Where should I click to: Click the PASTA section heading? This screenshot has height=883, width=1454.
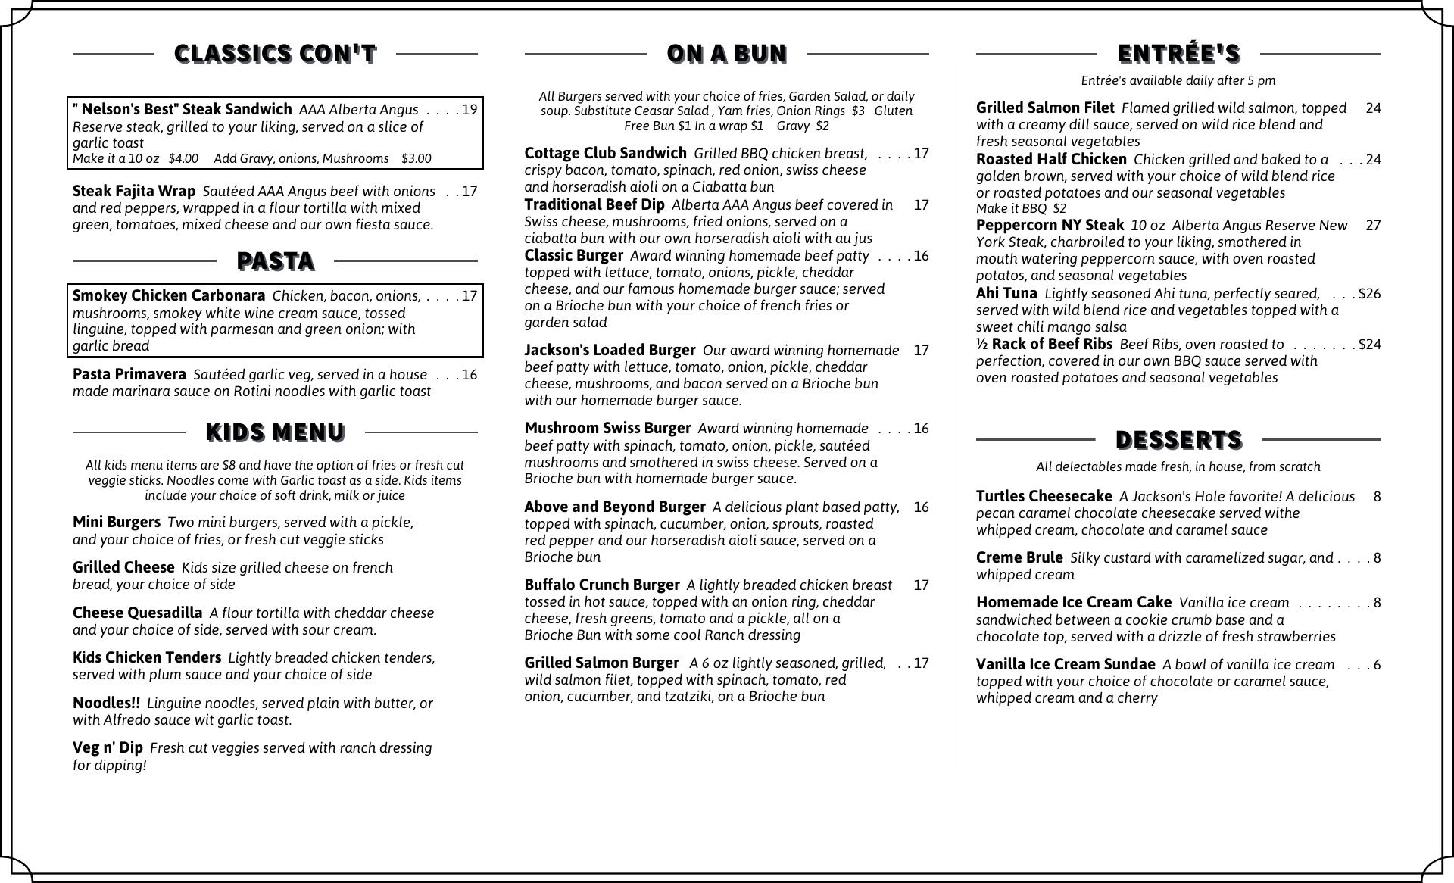pos(275,261)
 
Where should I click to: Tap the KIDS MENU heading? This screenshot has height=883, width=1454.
pos(275,432)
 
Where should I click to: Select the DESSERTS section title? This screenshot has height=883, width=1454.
pos(1178,439)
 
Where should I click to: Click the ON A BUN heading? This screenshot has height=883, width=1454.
pos(726,54)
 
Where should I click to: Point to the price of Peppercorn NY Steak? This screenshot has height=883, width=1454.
pos(1373,226)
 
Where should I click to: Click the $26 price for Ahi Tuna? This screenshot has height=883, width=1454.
pos(1369,294)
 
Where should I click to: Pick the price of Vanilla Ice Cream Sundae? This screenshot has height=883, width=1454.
pos(1377,665)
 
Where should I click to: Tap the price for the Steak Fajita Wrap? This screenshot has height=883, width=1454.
pos(470,192)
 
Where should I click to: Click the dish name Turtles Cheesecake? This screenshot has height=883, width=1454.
pos(1044,497)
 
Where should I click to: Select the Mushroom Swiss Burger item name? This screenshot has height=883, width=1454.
pos(607,429)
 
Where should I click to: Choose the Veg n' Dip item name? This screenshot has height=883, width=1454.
pos(108,748)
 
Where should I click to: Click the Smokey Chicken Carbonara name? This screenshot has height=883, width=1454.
pos(169,296)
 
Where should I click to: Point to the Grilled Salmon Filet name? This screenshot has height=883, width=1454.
pos(1045,108)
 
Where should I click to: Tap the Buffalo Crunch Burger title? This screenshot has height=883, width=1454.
pos(601,585)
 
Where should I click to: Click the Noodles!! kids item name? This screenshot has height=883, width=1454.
pos(106,704)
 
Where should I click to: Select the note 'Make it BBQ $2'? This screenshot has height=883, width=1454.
pos(1021,209)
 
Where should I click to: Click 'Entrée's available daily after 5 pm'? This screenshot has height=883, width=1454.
pos(1178,80)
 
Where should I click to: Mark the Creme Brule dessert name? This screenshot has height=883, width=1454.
pos(1019,558)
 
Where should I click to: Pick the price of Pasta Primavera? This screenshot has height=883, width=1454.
pos(470,375)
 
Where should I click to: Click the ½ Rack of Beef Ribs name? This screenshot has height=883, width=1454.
pos(1044,345)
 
